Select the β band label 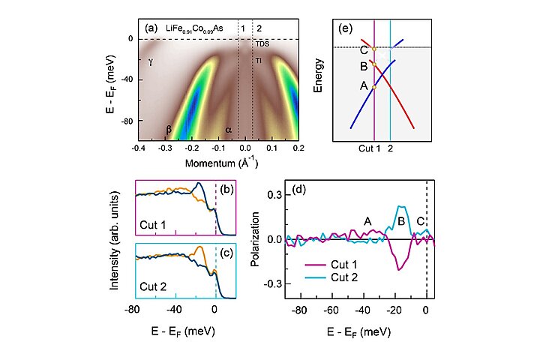(x=169, y=130)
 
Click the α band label (x=229, y=130)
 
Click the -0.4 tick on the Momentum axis (x=138, y=149)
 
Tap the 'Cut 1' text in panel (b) (x=155, y=223)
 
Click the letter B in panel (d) (x=401, y=221)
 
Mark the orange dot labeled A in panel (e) (x=373, y=88)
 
